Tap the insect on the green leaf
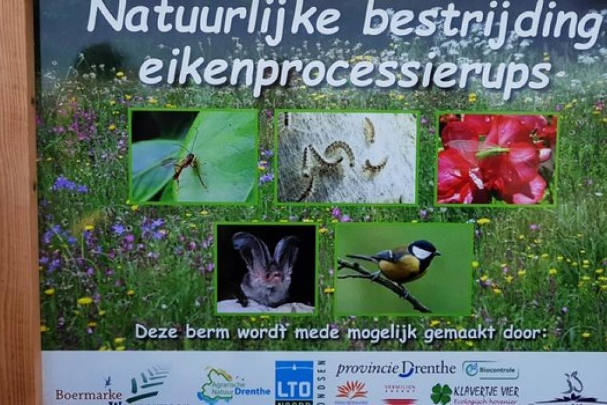[x=185, y=165]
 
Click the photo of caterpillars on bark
[x=346, y=158]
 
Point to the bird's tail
[x=359, y=258]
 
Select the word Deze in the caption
[x=156, y=332]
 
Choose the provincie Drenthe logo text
[x=395, y=369]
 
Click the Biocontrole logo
[x=490, y=370]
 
